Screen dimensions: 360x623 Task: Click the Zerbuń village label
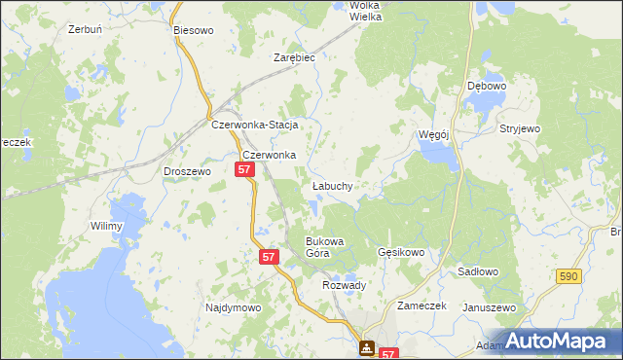pyautogui.click(x=86, y=29)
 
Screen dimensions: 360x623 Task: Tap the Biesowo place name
pyautogui.click(x=193, y=30)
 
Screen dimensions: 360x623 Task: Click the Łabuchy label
pyautogui.click(x=332, y=185)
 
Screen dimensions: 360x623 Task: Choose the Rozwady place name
pyautogui.click(x=344, y=285)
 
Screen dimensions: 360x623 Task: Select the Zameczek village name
pyautogui.click(x=421, y=305)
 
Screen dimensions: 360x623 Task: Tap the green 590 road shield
pyautogui.click(x=571, y=277)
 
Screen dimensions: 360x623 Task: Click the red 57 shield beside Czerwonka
pyautogui.click(x=244, y=169)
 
